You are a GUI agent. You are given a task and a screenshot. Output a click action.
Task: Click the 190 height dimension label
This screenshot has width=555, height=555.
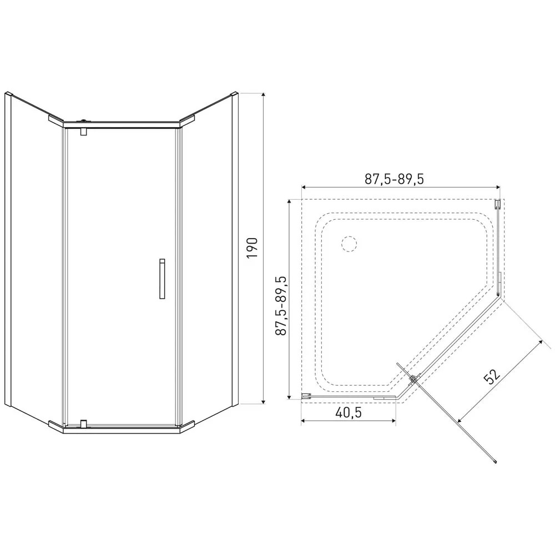tap(253, 248)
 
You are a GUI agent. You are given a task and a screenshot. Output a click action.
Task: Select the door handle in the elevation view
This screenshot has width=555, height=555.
tap(162, 279)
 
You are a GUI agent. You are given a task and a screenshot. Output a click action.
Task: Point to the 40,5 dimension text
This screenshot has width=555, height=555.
tap(349, 412)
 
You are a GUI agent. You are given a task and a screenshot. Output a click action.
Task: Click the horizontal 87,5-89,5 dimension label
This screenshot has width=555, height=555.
tap(394, 179)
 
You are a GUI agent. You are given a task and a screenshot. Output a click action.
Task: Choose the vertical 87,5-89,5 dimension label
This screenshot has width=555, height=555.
tap(281, 306)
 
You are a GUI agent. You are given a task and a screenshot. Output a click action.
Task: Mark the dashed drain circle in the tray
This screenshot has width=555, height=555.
tap(349, 244)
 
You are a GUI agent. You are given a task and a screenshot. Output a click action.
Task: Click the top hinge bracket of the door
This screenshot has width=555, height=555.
tap(84, 132)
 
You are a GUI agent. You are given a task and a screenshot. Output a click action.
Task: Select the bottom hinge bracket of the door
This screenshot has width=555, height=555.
tap(84, 423)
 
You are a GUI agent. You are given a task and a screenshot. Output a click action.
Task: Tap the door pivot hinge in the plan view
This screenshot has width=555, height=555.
tap(414, 380)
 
